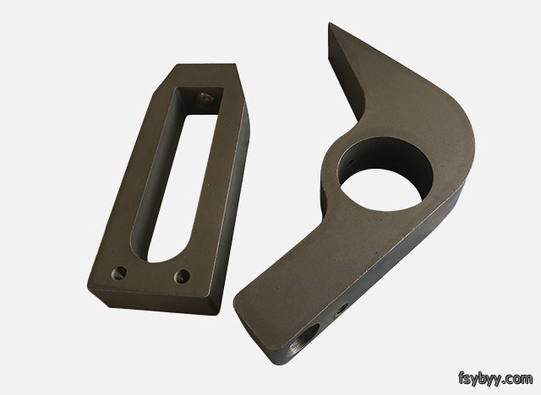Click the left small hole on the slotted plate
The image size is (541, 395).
(x=118, y=273)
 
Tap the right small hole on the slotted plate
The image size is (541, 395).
(x=182, y=276)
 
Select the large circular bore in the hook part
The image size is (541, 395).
(x=385, y=173)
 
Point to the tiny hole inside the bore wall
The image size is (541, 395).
(x=351, y=160)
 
